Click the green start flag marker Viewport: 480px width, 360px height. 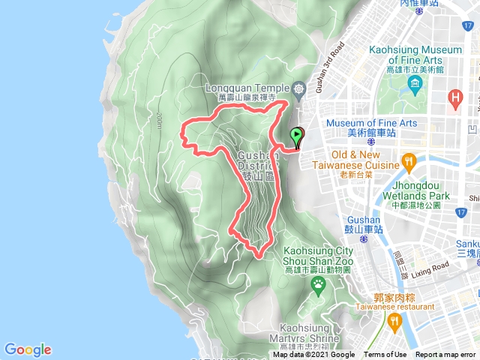(x=297, y=136)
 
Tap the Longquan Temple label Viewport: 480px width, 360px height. (x=248, y=88)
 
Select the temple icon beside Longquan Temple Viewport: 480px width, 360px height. (x=300, y=88)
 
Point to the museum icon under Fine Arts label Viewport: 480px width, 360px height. (x=415, y=81)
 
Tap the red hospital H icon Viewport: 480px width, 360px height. (x=454, y=97)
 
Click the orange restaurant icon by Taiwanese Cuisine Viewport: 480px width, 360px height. (x=409, y=160)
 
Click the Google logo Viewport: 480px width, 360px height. (x=28, y=349)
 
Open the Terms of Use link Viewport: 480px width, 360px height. (x=385, y=355)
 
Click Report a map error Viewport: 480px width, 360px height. (x=446, y=355)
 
